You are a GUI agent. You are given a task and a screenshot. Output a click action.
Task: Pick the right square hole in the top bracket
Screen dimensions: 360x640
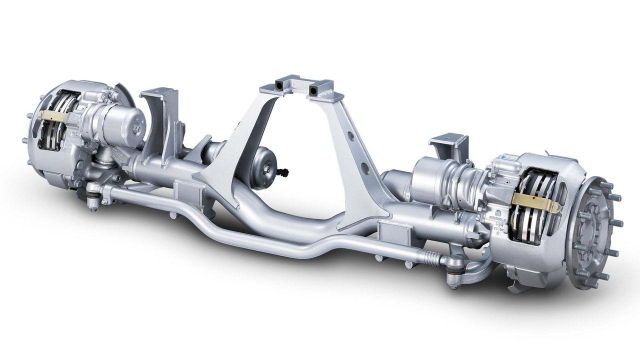pyautogui.click(x=314, y=90)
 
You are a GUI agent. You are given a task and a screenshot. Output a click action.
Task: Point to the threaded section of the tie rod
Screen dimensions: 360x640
pyautogui.click(x=430, y=257)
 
